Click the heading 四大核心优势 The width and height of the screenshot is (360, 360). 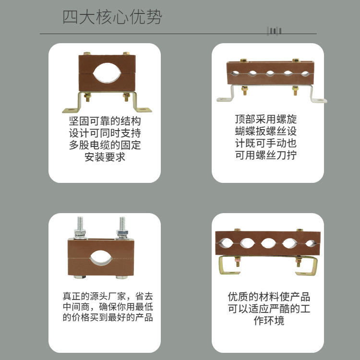click(x=112, y=17)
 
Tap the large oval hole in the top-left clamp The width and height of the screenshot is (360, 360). click(x=107, y=73)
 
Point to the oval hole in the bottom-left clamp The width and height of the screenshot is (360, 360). click(x=101, y=258)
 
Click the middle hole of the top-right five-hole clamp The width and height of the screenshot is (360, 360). click(x=270, y=73)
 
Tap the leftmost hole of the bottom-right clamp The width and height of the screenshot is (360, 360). click(x=226, y=243)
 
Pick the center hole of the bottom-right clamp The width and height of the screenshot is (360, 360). click(x=268, y=243)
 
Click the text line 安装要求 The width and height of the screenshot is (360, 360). click(x=105, y=157)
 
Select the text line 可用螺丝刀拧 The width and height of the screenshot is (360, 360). click(x=266, y=155)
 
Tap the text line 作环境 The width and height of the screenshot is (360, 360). click(x=269, y=321)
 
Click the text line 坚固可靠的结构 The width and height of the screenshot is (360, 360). click(x=105, y=121)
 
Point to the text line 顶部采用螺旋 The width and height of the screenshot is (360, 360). click(x=266, y=119)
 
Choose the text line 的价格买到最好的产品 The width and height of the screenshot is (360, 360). click(x=108, y=317)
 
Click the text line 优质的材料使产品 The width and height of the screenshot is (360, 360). click(x=269, y=297)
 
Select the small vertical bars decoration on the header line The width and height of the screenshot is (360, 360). click(x=274, y=31)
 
